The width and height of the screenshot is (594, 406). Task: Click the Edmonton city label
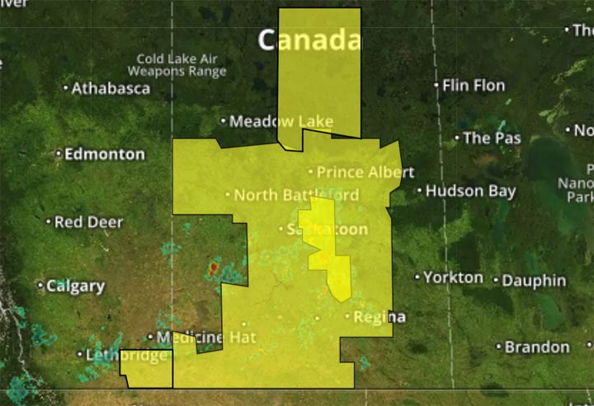point(104,154)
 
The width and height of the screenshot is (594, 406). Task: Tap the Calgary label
point(75,287)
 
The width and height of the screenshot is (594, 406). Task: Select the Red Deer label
point(89,222)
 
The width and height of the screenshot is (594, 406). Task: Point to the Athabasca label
point(111,88)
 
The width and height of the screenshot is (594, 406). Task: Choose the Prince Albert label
point(365,173)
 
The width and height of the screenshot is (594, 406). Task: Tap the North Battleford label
point(296,195)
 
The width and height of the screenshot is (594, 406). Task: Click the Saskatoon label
point(326,230)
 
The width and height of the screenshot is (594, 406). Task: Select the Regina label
point(379,317)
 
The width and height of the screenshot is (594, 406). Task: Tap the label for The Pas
point(493,138)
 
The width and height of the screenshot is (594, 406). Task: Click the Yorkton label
point(454,278)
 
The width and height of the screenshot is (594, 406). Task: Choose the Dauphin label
point(534,281)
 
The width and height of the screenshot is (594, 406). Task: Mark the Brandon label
point(537,347)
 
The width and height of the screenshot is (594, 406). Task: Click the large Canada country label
point(309,40)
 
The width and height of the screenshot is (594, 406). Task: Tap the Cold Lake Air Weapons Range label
point(181,65)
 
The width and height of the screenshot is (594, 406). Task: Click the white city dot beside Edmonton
point(59,154)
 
